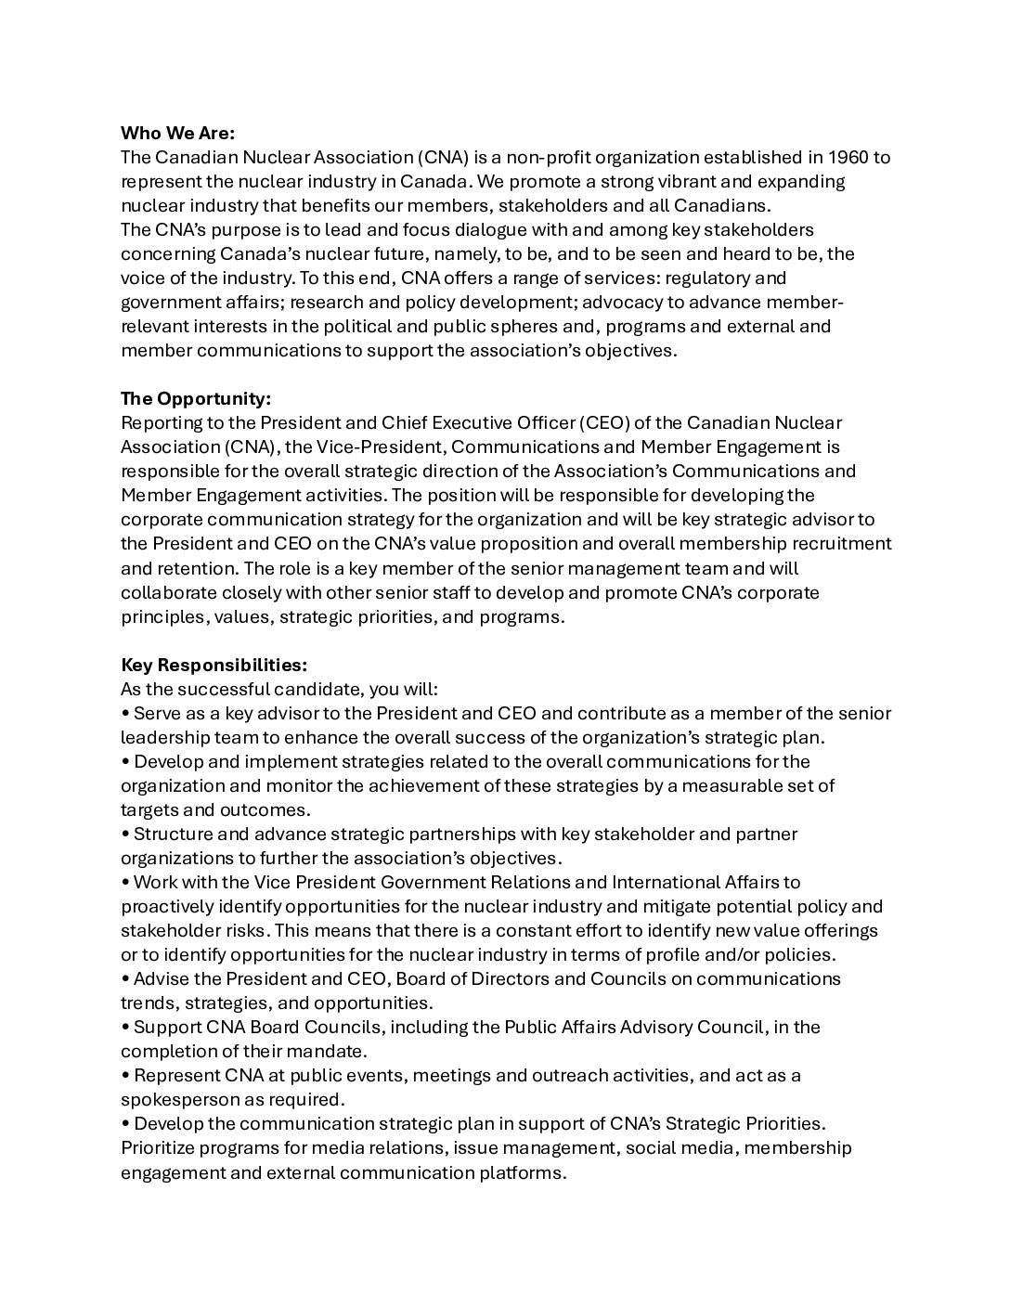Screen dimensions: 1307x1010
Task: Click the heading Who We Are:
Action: tap(177, 133)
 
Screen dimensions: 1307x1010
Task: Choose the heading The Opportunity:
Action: tap(196, 398)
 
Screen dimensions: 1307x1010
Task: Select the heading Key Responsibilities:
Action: tap(214, 665)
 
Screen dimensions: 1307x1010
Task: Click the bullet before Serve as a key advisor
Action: tap(125, 713)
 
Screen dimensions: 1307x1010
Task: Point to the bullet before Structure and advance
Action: tap(125, 834)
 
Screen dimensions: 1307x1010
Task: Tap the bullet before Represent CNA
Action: tap(125, 1075)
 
